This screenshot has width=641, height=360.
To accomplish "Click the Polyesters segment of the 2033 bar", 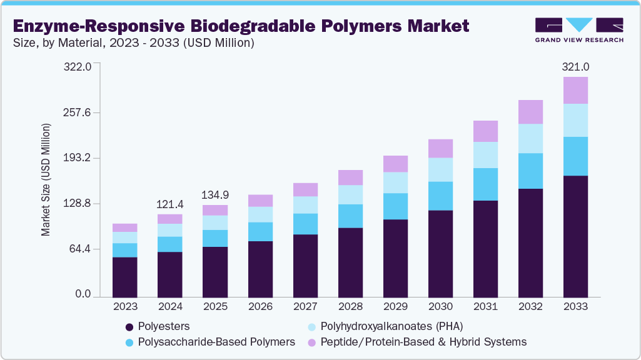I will pos(575,236).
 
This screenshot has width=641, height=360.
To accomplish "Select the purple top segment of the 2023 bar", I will pos(124,227).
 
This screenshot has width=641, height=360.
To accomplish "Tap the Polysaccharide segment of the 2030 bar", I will pos(440,196).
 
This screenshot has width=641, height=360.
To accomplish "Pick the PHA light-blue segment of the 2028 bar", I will pos(350,194).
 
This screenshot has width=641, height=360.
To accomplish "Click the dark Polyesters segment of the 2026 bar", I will pos(260,269).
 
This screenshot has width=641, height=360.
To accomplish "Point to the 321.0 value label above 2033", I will pos(575,67).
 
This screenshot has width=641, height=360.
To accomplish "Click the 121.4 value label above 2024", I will pos(170,204).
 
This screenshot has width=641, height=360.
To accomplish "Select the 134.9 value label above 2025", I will pos(215,195).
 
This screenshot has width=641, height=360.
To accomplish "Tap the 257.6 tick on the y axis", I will pos(78,112).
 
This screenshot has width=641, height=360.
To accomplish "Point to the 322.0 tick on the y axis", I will pos(78,67).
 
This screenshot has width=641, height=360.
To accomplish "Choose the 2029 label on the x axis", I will pos(395,307).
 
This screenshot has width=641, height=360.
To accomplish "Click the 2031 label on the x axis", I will pos(485,307).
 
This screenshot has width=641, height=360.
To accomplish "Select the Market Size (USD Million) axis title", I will pos(46,180).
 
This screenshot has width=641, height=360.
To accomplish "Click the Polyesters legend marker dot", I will pos(129,326).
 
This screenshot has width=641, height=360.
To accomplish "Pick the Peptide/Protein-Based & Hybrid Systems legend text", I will pos(423,342).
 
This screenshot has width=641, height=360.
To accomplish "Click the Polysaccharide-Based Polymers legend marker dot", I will pos(129,342).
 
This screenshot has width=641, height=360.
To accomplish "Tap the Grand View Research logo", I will pos(579,29).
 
